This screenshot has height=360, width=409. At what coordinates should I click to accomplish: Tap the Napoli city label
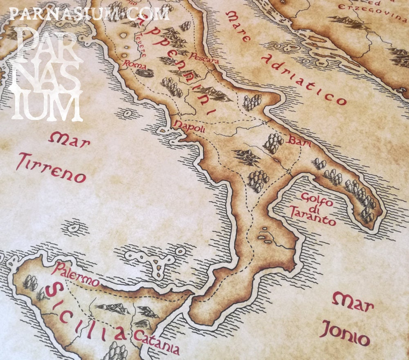(189, 126)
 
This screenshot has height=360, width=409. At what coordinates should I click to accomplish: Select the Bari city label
(300, 142)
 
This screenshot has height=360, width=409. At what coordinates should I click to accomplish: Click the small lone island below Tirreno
(74, 226)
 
